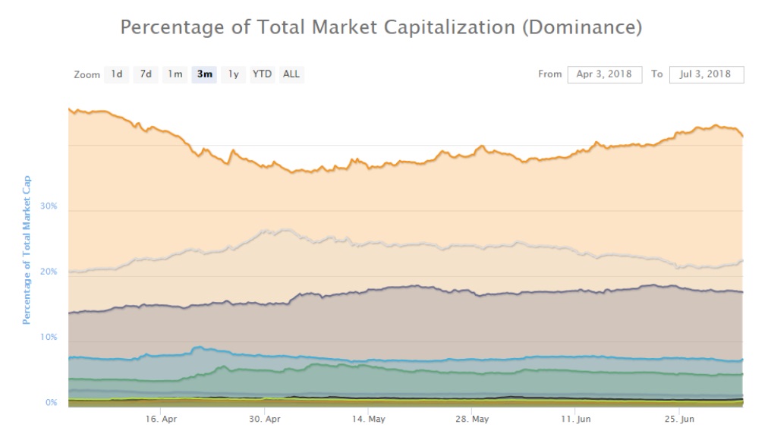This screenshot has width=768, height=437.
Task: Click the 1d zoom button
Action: [x=116, y=74]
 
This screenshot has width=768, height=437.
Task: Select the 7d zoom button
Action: [x=145, y=74]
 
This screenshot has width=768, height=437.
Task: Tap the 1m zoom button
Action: [x=175, y=74]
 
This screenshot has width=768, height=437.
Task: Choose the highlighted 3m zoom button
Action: [x=204, y=74]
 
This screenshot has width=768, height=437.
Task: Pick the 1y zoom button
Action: [x=233, y=74]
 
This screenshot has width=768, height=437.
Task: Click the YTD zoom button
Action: [x=262, y=74]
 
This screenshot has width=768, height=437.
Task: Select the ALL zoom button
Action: [x=291, y=74]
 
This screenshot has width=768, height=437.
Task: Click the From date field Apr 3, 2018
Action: [x=604, y=74]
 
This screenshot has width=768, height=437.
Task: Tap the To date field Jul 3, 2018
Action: [x=706, y=74]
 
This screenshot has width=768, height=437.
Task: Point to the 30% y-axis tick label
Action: [x=48, y=206]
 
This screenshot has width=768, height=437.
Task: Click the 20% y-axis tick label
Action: [x=48, y=272]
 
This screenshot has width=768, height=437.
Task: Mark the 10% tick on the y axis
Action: [x=48, y=337]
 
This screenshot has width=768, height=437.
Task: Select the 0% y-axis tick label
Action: [x=51, y=402]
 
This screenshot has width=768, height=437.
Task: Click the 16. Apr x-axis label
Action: [x=161, y=419]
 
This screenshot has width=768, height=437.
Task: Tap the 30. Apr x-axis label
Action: [x=265, y=419]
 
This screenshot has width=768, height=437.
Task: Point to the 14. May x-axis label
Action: [x=369, y=419]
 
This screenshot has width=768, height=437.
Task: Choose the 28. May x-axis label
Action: [x=473, y=419]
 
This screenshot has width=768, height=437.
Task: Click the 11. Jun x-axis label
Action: [x=576, y=419]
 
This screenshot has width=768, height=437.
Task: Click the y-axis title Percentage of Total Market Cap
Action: [x=27, y=250]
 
